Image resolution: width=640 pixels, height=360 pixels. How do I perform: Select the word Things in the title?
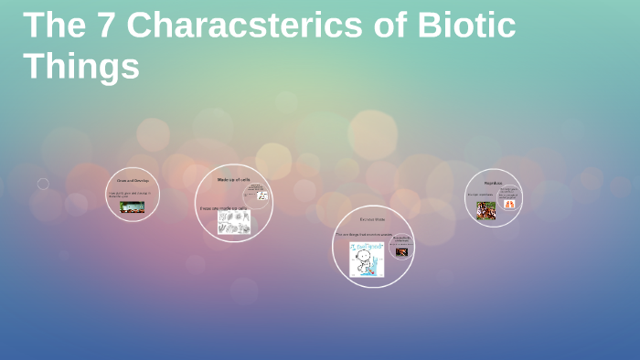pos(81,66)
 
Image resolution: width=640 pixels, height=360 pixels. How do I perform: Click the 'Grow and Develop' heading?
pos(133,180)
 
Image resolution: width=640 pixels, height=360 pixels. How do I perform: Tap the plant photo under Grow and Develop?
pos(133,207)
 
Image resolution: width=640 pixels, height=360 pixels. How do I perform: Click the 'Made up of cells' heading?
pos(233,179)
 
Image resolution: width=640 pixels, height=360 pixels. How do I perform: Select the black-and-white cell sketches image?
pos(234,224)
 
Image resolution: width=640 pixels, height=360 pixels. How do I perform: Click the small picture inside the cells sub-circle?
pos(262,196)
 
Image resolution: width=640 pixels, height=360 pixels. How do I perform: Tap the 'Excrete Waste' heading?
pos(372,219)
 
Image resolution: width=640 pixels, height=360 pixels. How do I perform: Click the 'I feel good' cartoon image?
pos(367,259)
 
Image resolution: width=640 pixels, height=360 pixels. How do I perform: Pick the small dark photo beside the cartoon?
pos(401,251)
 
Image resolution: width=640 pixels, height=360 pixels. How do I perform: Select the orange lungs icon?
pos(509,205)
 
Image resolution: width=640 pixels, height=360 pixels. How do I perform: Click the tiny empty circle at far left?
pos(43,184)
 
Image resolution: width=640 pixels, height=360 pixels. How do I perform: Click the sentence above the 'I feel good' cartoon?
pos(364,234)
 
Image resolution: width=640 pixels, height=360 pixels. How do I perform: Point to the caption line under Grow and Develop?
pos(132,195)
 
